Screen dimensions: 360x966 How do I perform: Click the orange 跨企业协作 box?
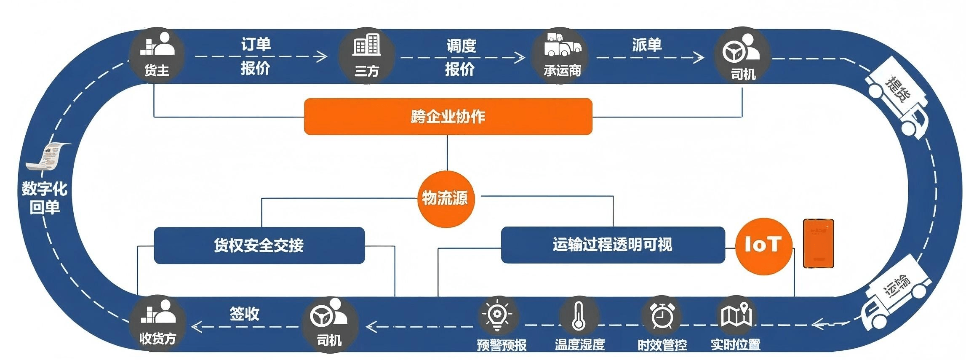[448, 117]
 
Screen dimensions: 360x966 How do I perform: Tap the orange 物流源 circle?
[446, 198]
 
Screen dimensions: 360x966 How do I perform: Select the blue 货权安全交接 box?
[259, 245]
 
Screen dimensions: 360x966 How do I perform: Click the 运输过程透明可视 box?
[613, 245]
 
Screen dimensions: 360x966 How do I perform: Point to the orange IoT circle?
[763, 245]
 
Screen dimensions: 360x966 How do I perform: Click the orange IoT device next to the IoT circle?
[818, 243]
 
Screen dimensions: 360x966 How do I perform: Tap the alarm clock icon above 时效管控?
[662, 316]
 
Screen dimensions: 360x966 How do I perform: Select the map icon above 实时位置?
[736, 316]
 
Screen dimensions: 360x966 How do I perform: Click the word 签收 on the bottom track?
[244, 314]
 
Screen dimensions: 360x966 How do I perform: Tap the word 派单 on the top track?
[646, 45]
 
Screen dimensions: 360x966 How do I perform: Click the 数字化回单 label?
[45, 197]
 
